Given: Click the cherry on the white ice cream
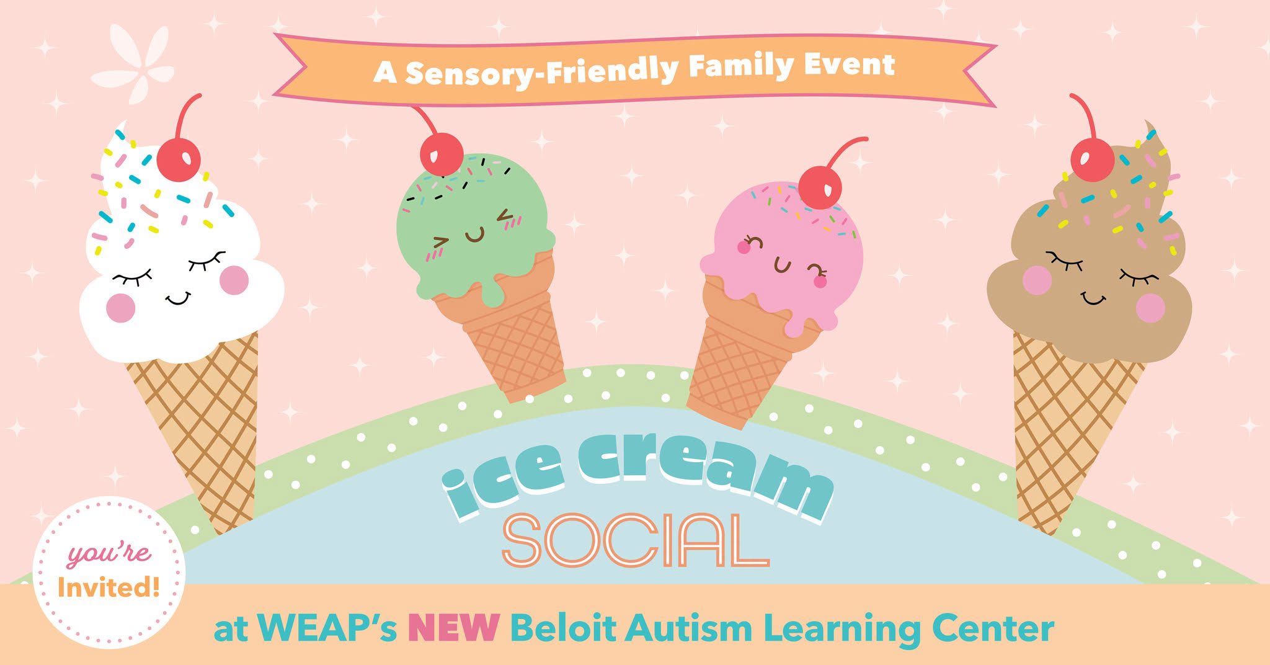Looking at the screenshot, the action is click(x=179, y=159).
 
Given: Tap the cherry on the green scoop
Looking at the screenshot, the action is click(x=442, y=154).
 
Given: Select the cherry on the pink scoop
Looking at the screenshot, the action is click(x=820, y=187).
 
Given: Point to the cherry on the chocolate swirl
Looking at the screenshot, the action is click(x=1092, y=159).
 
